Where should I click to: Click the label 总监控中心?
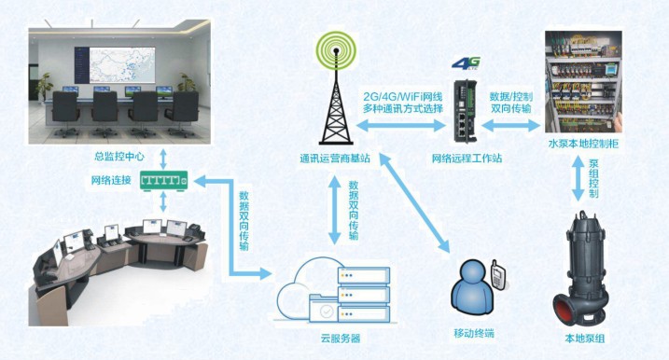tap(119, 157)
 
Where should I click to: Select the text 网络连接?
tap(112, 179)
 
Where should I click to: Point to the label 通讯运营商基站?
tap(334, 159)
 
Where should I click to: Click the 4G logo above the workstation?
tap(465, 63)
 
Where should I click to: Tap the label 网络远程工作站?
tap(467, 159)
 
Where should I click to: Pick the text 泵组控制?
tap(593, 178)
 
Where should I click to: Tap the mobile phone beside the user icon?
tap(497, 276)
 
